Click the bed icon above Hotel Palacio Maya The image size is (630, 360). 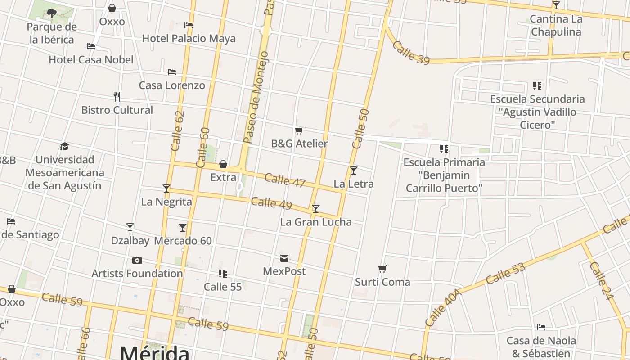pos(189,25)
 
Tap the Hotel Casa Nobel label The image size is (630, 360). pos(91,59)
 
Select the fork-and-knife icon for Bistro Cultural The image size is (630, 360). pos(117,97)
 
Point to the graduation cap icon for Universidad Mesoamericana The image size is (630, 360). pos(64,147)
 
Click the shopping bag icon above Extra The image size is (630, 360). pos(223,164)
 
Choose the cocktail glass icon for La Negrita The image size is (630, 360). pos(166,189)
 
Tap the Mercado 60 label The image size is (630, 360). pos(183,241)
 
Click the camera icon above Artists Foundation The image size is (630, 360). pos(137,260)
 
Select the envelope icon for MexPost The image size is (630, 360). pos(284,258)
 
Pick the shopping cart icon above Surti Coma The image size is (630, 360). pos(382,269)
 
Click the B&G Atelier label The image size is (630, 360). pos(299,144)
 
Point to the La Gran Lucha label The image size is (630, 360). pos(316,222)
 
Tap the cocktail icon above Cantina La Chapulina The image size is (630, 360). pos(556,5)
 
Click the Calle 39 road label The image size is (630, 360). pos(411,53)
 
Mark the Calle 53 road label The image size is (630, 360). pos(505,273)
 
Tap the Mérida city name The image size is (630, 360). pos(154,352)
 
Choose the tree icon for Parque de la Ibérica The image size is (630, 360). pos(52,13)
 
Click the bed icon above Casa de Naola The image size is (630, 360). pos(541,327)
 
